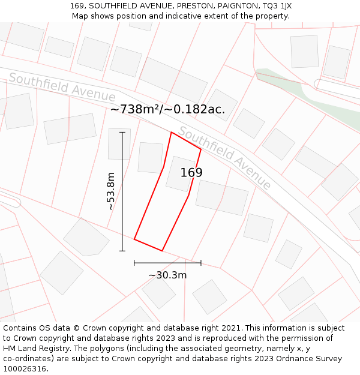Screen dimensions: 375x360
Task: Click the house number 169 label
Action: tap(191, 173)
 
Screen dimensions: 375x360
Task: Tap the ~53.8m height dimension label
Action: tap(110, 191)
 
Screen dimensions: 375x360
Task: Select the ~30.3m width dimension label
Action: tap(167, 275)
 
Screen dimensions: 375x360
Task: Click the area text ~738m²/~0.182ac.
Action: tap(167, 109)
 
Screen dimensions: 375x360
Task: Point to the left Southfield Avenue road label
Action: tap(62, 87)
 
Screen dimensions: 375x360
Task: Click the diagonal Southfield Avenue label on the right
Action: tap(226, 158)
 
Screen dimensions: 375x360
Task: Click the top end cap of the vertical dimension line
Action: tap(122, 132)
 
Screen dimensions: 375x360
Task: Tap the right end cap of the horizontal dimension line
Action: tap(201, 262)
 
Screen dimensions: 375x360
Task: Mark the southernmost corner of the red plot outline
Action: tap(162, 251)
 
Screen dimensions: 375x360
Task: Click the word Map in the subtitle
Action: tap(81, 16)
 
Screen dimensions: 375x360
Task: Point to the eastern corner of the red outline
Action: tap(201, 149)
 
